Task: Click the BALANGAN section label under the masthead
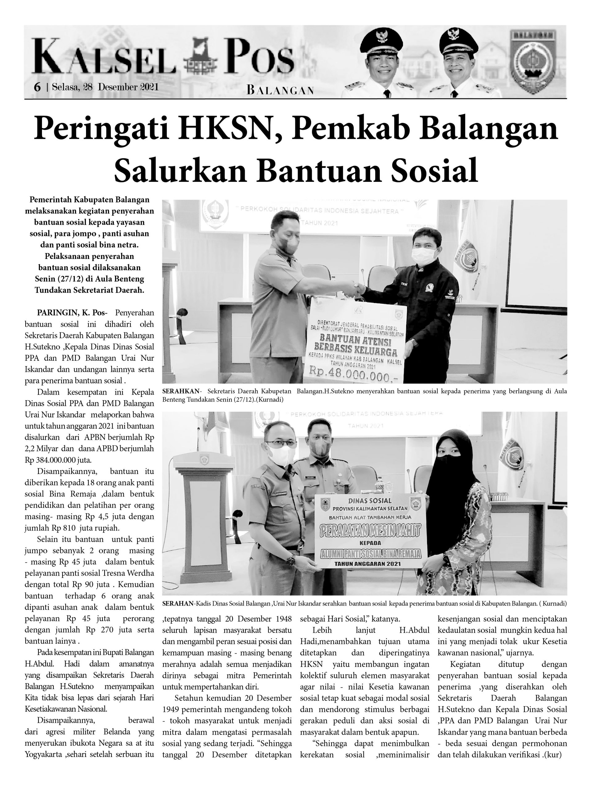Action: (x=280, y=90)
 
